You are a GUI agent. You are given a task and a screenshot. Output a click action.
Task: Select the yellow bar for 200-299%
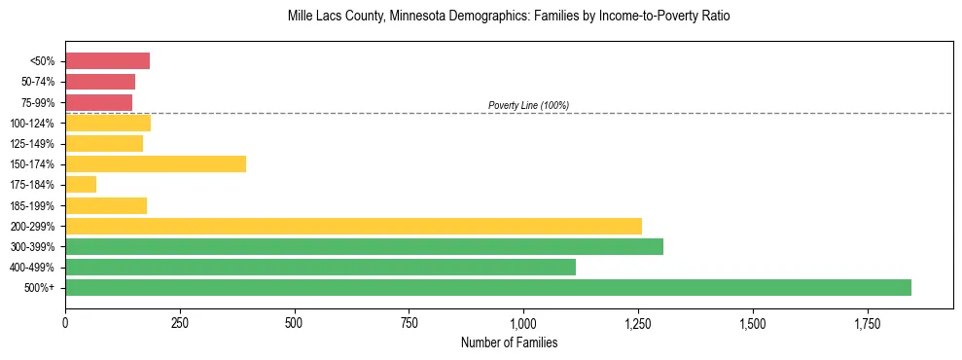[x=353, y=226]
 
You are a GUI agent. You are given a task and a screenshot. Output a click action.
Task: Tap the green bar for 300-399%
[x=364, y=246]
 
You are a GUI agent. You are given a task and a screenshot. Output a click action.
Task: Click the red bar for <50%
[x=107, y=61]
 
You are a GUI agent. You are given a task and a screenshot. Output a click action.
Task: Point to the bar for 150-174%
[x=156, y=163]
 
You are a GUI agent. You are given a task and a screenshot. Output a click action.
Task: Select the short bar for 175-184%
[x=81, y=184]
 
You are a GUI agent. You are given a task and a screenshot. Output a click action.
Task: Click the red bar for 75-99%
[x=98, y=102]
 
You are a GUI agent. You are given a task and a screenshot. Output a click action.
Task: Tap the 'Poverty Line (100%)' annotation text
[x=528, y=105]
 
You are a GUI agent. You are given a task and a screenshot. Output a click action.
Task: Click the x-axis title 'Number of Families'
[x=509, y=342]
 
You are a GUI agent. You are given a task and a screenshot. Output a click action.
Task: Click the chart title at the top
[x=509, y=17]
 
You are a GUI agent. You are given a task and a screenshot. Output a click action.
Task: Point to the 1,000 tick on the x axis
[x=523, y=322]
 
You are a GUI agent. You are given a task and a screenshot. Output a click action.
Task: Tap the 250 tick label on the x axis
[x=180, y=322]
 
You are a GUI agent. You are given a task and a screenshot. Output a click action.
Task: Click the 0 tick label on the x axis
[x=65, y=322]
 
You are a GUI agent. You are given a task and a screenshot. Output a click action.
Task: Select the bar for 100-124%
[x=108, y=123]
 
